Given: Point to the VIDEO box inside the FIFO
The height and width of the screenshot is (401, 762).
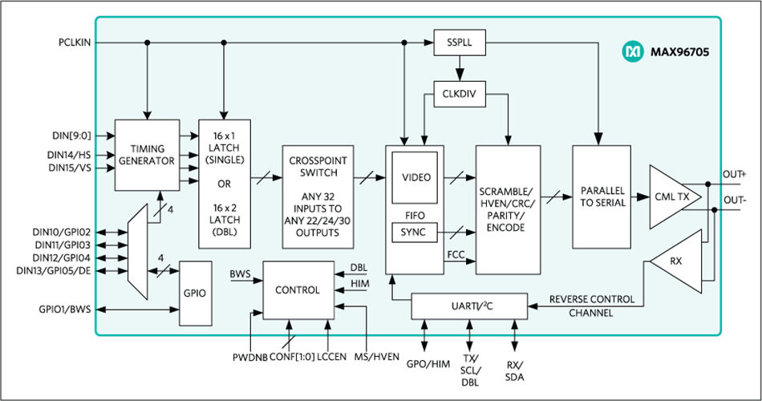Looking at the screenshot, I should click(415, 177).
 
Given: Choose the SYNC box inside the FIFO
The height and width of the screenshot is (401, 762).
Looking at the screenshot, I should click(414, 233).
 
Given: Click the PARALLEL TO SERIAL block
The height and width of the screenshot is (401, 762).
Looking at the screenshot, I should click(602, 196).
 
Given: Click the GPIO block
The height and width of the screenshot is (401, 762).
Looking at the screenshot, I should click(195, 293).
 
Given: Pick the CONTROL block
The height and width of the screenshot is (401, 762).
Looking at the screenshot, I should click(297, 289).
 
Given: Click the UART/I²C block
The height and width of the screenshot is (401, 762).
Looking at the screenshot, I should click(469, 305).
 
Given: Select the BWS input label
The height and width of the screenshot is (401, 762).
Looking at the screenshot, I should click(240, 274).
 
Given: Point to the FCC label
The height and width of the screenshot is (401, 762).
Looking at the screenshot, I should click(456, 254).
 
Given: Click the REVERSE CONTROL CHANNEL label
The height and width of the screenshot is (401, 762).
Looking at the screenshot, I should click(591, 306).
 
